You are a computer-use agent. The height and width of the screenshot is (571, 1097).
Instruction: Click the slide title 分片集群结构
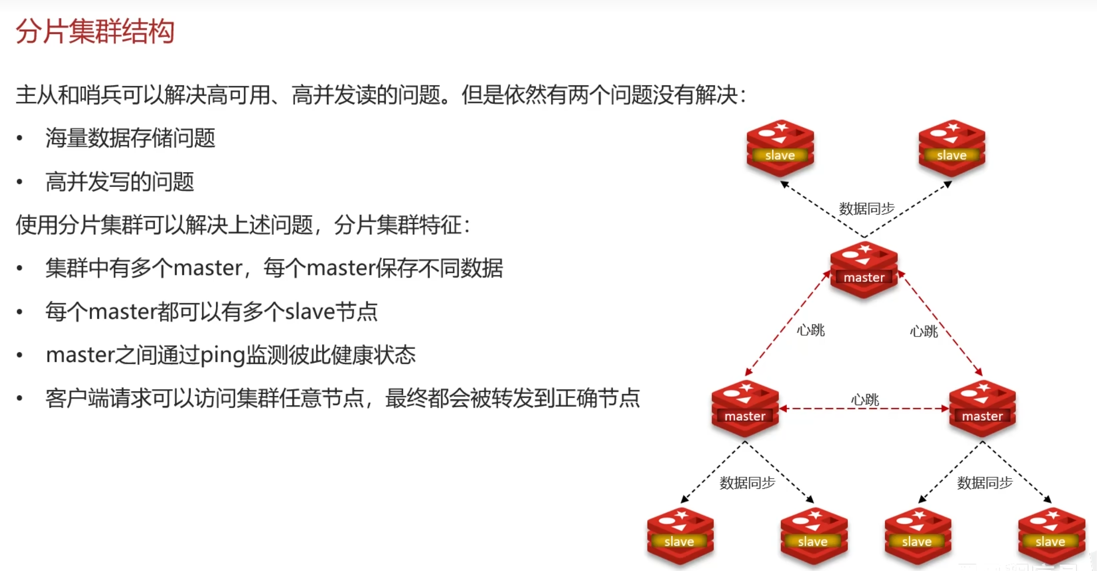95,32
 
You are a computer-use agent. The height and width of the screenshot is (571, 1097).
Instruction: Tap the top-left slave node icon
780,148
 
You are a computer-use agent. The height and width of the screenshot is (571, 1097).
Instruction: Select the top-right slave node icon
951,148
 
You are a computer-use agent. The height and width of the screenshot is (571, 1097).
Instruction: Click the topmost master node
863,270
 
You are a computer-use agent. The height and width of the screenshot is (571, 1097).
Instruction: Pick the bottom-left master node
745,408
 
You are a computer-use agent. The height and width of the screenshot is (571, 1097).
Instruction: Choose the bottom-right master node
982,408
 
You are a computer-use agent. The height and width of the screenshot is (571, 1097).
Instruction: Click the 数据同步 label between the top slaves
867,208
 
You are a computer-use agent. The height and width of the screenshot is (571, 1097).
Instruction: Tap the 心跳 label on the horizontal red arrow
865,400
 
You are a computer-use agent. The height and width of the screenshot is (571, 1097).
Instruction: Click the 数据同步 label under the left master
747,483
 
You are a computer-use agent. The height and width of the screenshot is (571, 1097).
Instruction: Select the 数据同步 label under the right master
985,483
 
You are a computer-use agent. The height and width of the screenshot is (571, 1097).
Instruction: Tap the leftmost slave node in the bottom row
680,535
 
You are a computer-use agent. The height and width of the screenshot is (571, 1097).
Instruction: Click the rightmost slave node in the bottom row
1051,535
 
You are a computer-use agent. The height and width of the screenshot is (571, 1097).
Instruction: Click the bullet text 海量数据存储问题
130,138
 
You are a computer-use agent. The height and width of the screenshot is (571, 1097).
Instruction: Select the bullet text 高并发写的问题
119,182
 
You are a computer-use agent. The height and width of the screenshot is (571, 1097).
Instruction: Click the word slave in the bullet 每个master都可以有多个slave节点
310,312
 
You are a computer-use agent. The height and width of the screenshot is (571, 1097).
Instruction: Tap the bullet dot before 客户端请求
19,399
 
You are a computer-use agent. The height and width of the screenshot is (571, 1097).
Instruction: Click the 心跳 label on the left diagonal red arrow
810,330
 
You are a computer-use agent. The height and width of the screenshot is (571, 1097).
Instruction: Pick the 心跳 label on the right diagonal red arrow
924,331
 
